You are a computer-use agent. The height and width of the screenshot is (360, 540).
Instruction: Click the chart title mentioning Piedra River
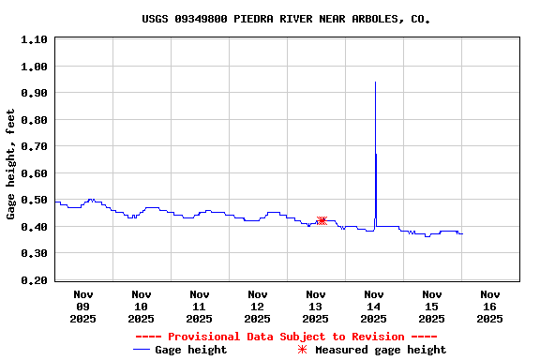(286, 18)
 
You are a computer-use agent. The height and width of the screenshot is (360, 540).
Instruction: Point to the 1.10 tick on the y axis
(34, 39)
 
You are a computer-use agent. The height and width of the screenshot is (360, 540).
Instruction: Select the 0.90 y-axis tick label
(34, 93)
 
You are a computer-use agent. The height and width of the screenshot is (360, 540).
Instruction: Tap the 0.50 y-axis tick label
(34, 200)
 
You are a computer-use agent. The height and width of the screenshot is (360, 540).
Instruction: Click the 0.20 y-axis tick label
(34, 280)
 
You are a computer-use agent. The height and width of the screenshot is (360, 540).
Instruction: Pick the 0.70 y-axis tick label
(34, 146)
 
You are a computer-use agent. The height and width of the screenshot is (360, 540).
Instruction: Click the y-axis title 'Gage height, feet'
(10, 164)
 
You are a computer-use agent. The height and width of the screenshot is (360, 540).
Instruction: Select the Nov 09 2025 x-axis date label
(82, 307)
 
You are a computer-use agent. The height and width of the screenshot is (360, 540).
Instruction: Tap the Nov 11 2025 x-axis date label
(199, 307)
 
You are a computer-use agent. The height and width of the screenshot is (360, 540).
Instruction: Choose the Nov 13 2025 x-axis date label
(315, 307)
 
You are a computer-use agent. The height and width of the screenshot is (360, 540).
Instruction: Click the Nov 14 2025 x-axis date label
(373, 307)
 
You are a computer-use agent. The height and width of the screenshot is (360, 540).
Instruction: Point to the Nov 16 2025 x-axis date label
(489, 307)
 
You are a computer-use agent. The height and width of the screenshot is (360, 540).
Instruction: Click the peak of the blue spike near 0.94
(375, 82)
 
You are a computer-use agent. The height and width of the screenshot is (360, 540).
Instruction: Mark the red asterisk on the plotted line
(321, 221)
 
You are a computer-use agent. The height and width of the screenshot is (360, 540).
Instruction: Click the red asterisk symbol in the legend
(302, 350)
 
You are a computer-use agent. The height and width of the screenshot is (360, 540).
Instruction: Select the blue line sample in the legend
(142, 350)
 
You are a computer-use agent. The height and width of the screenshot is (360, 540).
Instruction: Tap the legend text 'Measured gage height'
(381, 350)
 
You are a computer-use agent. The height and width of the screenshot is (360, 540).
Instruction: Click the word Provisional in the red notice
(204, 337)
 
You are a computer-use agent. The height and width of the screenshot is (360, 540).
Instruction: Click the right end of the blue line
(462, 233)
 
